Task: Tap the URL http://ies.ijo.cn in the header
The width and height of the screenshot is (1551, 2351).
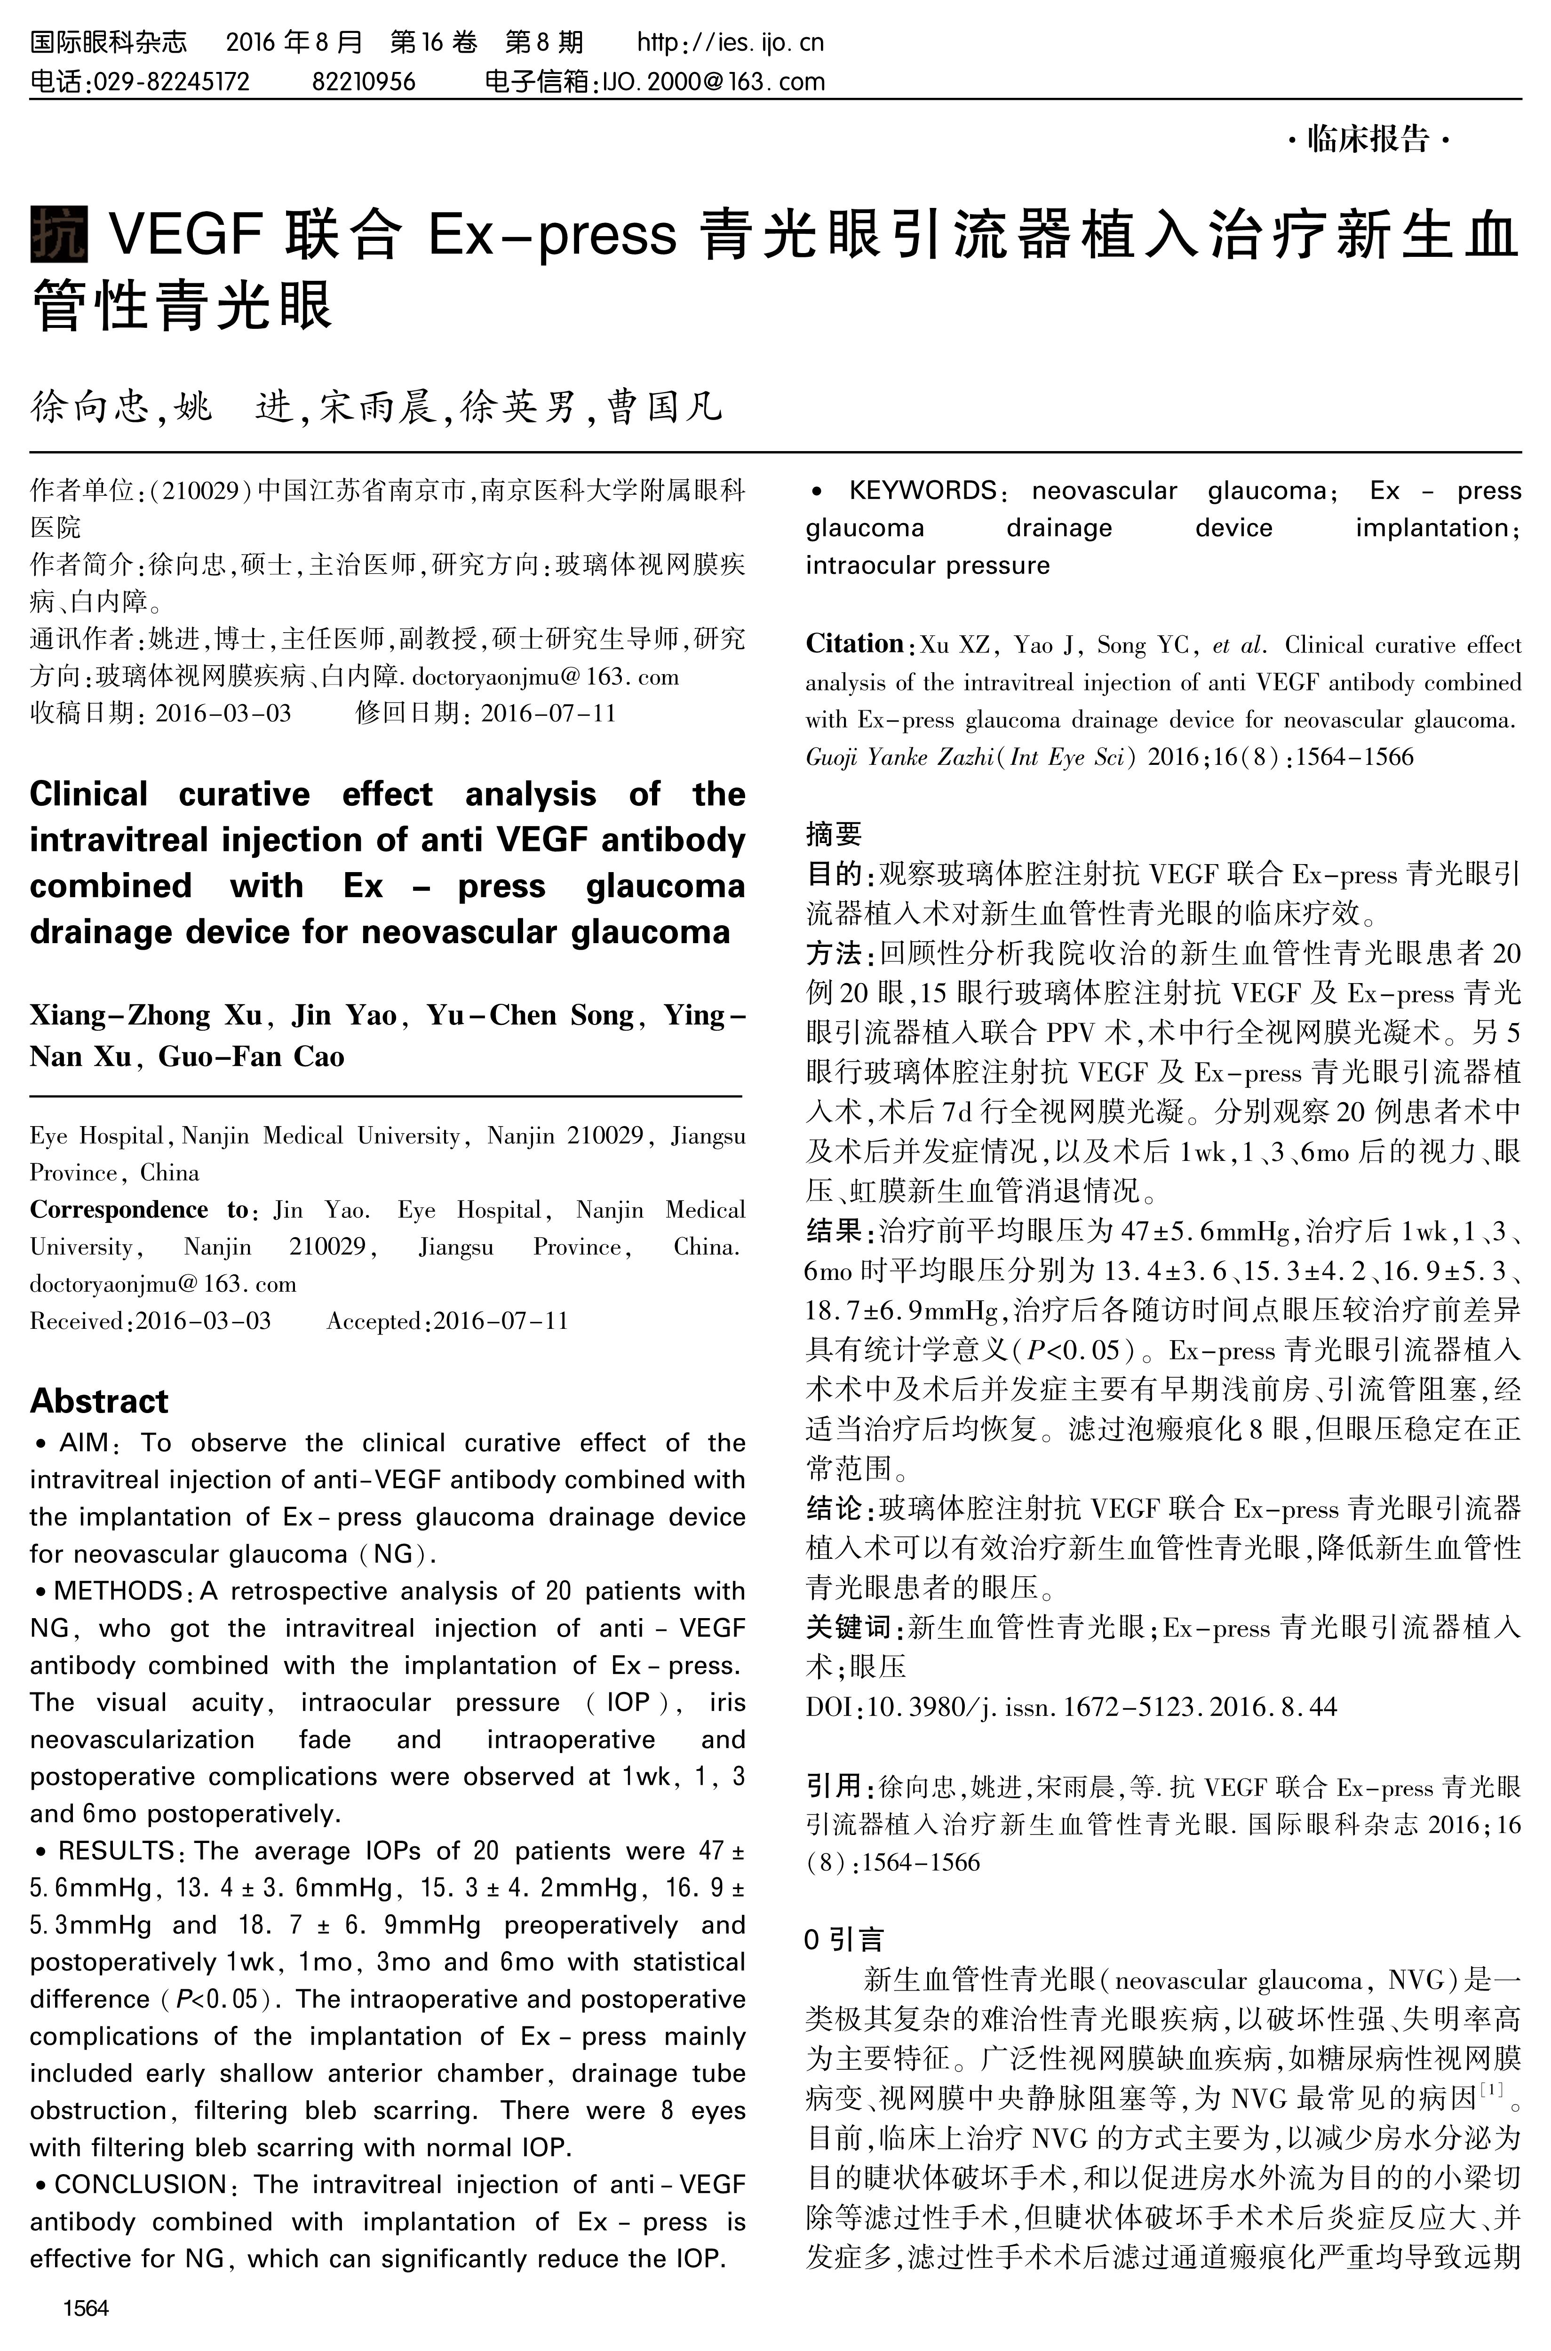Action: [730, 42]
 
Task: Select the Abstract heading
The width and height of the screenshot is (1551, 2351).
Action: [99, 1401]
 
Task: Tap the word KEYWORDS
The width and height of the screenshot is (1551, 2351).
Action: [922, 491]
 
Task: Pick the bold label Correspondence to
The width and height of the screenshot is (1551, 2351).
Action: [138, 1210]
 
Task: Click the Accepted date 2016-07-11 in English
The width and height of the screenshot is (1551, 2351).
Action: [501, 1321]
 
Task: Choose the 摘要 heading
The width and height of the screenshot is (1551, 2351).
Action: [834, 834]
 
